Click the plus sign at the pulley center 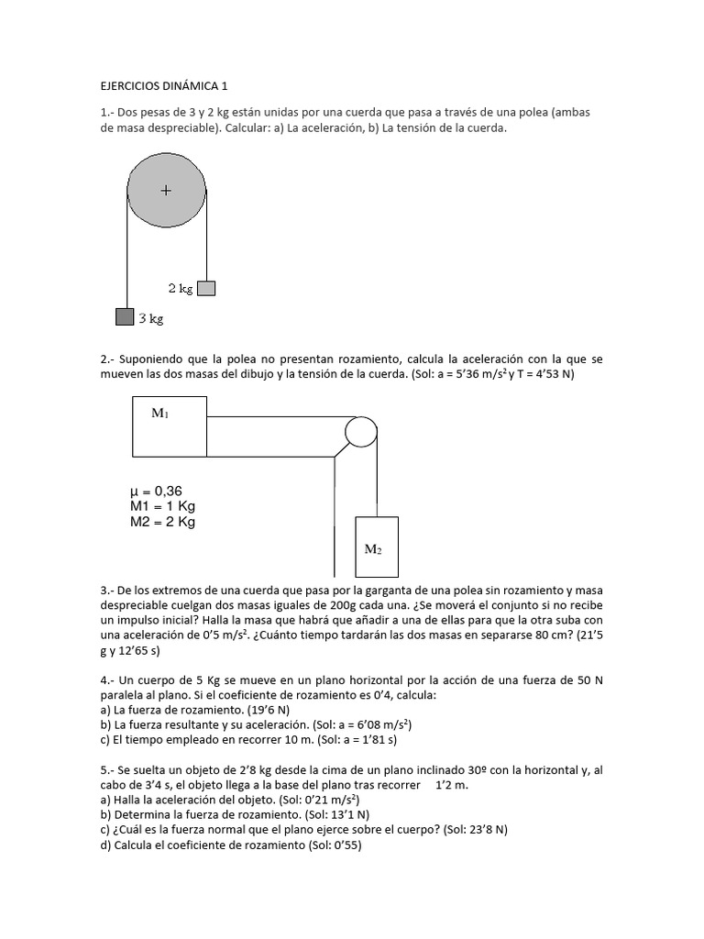[x=166, y=191]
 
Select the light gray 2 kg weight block [x=206, y=288]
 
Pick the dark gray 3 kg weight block [x=125, y=316]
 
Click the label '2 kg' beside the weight [x=181, y=288]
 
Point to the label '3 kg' [x=150, y=319]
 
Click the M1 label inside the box [x=160, y=414]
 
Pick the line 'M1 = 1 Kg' [x=162, y=507]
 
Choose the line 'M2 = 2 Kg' [x=163, y=523]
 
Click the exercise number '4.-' [x=107, y=680]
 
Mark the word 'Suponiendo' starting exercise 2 [x=148, y=359]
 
